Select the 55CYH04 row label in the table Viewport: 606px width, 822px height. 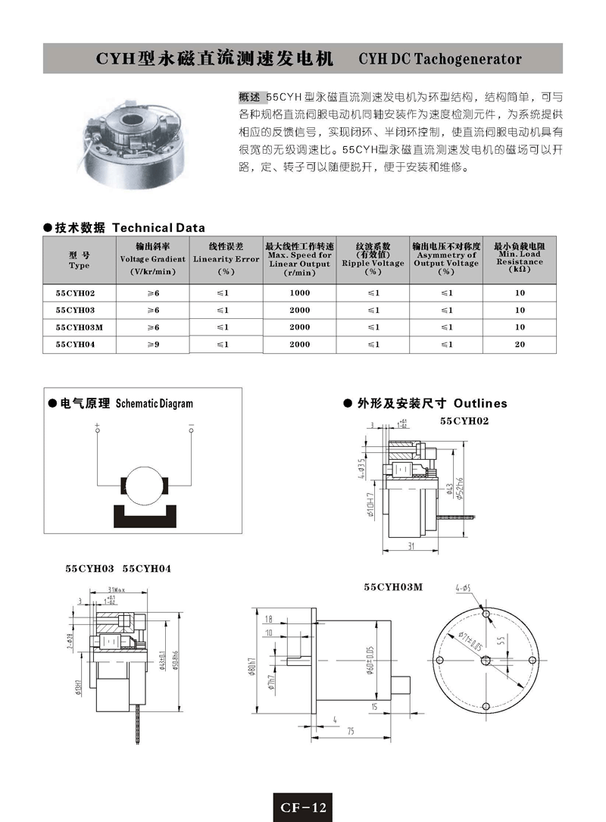pyautogui.click(x=76, y=344)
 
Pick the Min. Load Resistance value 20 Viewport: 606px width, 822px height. pyautogui.click(x=520, y=344)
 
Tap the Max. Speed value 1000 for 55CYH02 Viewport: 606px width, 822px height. pyautogui.click(x=300, y=292)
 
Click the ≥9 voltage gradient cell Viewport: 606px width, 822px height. pyautogui.click(x=153, y=344)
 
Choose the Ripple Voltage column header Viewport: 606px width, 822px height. pyautogui.click(x=373, y=258)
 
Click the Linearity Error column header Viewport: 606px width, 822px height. pyautogui.click(x=226, y=258)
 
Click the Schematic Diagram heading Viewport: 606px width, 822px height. pyautogui.click(x=154, y=404)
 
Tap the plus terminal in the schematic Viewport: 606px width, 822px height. pyautogui.click(x=98, y=430)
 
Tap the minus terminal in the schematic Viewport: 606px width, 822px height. pyautogui.click(x=192, y=430)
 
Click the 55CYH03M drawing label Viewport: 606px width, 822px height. pyautogui.click(x=393, y=587)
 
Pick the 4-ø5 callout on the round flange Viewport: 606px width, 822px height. pyautogui.click(x=464, y=588)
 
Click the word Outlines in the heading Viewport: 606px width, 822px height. pyautogui.click(x=480, y=404)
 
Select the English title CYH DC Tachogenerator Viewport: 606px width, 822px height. pyautogui.click(x=440, y=58)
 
